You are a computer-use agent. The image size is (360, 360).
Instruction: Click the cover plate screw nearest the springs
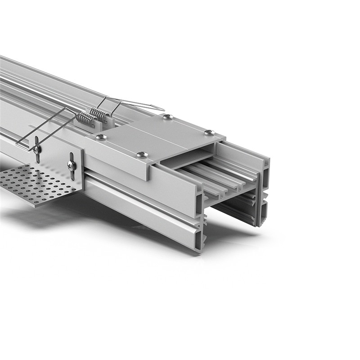coord(102,137)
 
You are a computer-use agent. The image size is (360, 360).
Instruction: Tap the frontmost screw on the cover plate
coord(142,155)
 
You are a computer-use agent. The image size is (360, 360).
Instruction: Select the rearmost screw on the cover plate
coord(168,117)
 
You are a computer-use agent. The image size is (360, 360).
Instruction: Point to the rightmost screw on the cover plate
coord(209,132)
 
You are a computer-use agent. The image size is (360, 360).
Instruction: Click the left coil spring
coord(86,119)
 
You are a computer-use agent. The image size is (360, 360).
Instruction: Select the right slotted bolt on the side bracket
coord(72,166)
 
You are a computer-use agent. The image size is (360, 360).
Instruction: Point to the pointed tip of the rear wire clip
coord(162,108)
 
